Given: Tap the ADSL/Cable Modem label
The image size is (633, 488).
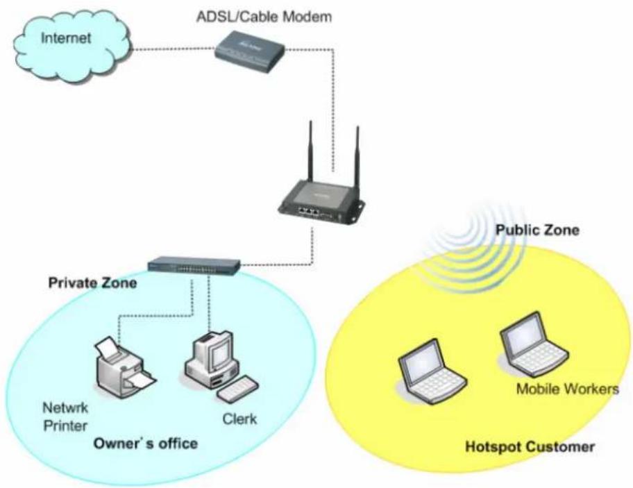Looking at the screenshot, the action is click(x=264, y=17).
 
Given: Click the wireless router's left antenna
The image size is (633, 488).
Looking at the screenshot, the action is click(x=310, y=151).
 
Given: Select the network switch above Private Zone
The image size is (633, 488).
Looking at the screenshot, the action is click(x=194, y=264).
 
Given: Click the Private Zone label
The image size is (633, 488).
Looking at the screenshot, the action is click(x=92, y=283).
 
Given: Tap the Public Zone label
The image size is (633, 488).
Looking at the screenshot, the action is click(x=537, y=230).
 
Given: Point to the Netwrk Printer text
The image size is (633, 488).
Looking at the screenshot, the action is click(x=65, y=417).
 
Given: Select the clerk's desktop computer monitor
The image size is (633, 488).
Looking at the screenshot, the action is click(x=218, y=349).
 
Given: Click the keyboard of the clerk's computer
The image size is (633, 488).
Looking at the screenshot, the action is click(x=238, y=388).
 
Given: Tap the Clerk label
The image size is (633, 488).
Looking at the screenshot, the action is click(x=239, y=419).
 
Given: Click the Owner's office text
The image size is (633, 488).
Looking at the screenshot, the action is click(x=145, y=444).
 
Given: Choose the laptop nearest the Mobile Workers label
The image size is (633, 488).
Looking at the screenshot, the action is click(x=534, y=345).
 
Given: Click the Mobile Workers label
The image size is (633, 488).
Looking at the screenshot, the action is click(x=567, y=389).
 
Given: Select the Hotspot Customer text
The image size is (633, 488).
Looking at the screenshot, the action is click(x=530, y=447).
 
